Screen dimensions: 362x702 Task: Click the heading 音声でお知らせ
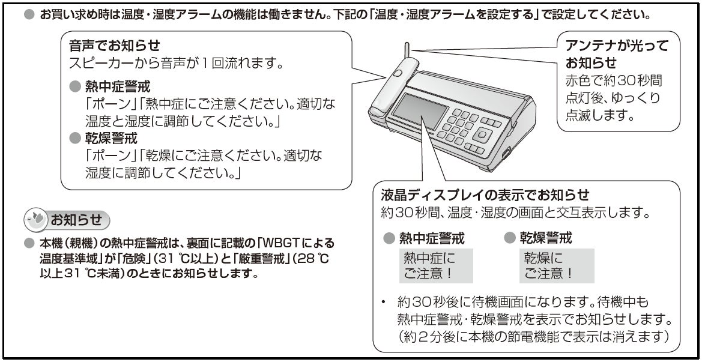[113, 46]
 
